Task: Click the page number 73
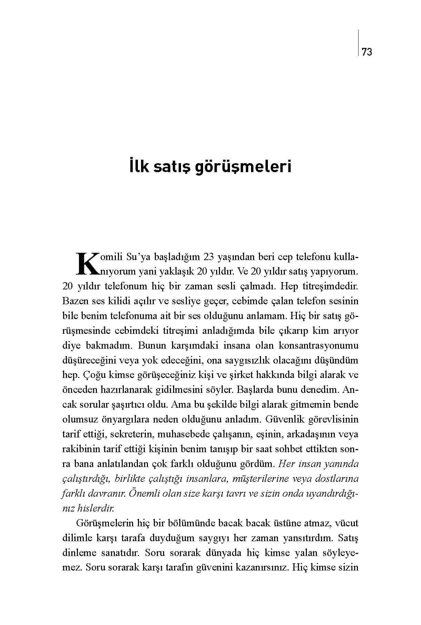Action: (x=367, y=52)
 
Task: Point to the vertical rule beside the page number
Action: (x=358, y=43)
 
